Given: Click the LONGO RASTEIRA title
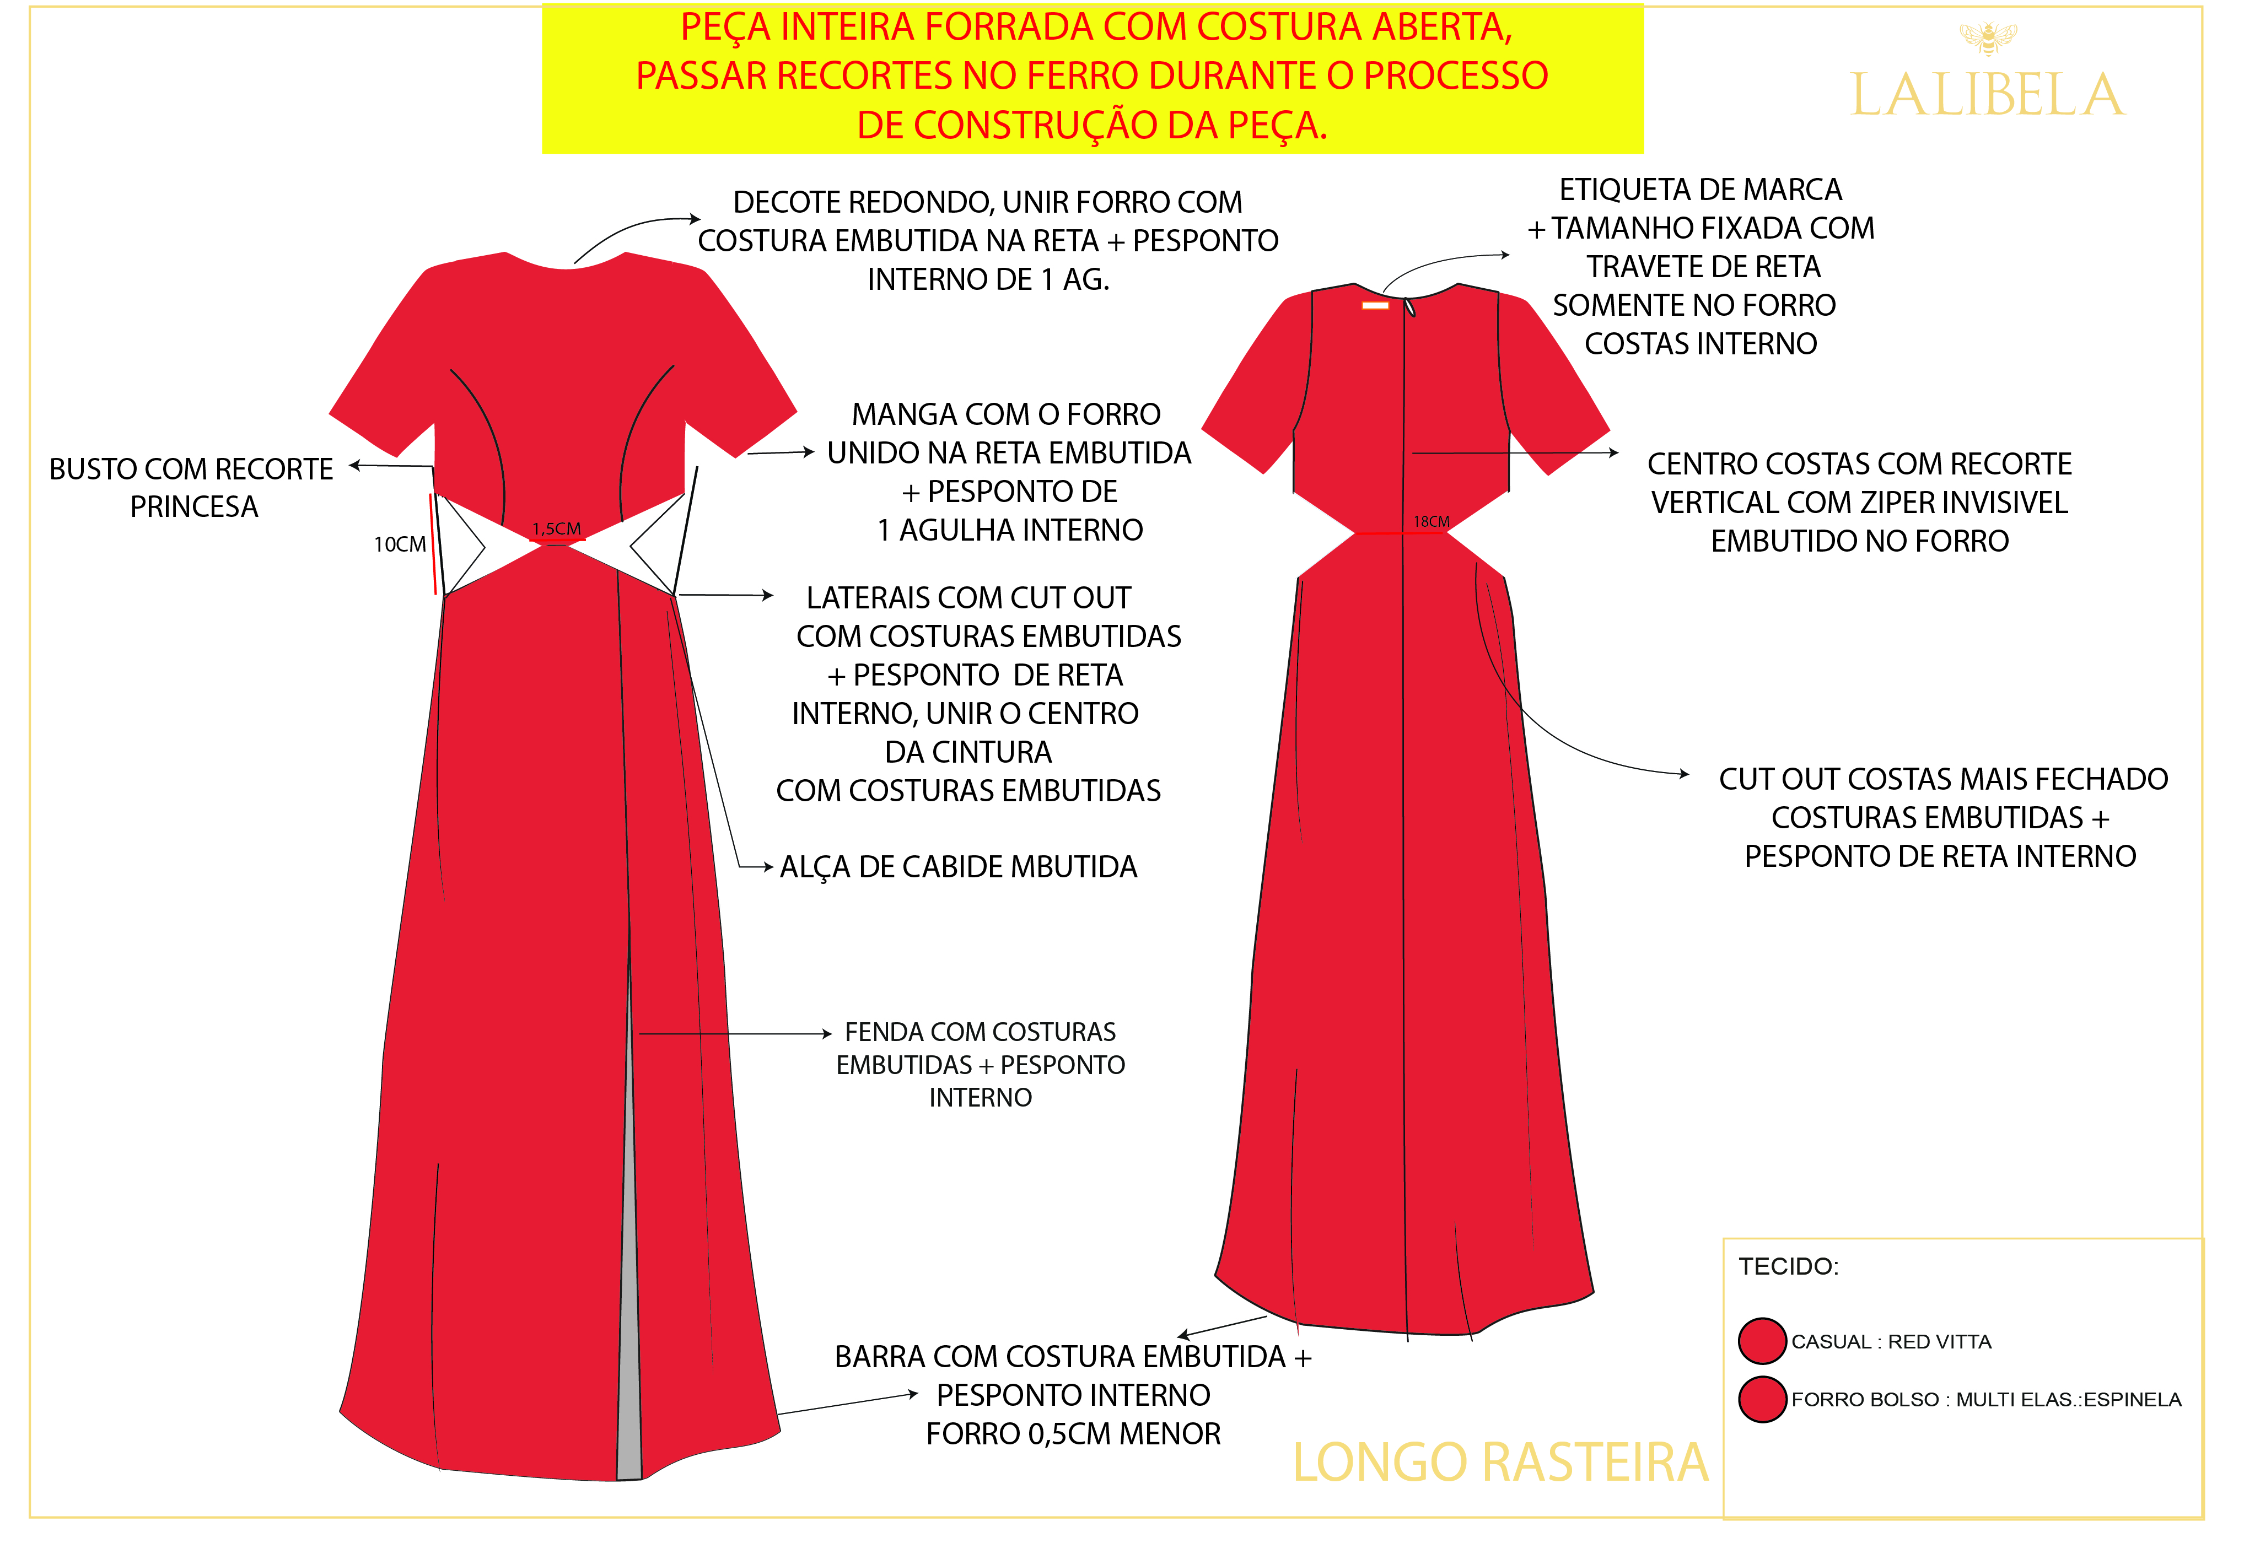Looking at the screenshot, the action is pos(1500,1463).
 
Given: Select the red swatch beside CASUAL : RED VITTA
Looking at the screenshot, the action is pos(1762,1341).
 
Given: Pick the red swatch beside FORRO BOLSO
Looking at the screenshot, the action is pos(1762,1399).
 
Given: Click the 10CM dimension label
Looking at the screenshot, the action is pos(399,544).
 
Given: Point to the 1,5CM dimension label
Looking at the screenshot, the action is pos(556,529).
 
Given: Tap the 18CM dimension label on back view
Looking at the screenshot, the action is pos(1431,522).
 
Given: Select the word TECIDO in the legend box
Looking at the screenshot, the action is pos(1788,1266).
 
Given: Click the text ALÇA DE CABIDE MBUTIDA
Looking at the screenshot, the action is pos(958,867).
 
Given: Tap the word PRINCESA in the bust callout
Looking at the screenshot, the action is pos(195,506).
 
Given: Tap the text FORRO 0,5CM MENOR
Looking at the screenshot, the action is pos(1073,1434).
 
